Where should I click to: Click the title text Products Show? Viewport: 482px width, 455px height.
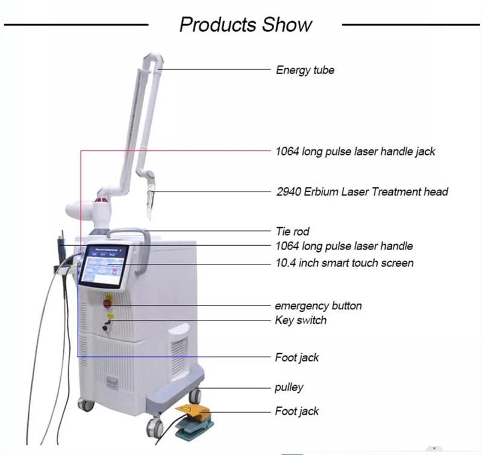[245, 25]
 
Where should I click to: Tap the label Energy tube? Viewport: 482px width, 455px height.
[305, 70]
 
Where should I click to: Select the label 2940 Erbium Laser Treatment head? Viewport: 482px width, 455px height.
[362, 192]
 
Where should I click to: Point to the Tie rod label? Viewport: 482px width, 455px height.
[292, 231]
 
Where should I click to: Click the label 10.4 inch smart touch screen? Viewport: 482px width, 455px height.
[345, 263]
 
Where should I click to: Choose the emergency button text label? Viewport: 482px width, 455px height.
[318, 306]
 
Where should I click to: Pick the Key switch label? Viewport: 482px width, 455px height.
[301, 320]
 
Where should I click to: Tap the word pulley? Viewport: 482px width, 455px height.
[289, 387]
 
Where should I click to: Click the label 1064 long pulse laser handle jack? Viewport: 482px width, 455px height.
[355, 151]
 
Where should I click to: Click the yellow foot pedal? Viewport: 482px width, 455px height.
[190, 412]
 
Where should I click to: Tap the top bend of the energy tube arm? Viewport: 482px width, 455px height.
[153, 60]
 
